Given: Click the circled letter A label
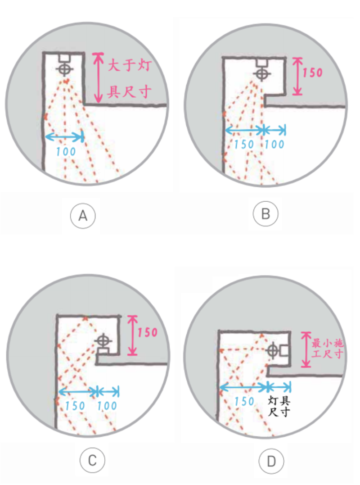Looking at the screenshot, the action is click(x=83, y=216).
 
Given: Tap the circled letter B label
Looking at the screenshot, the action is click(x=265, y=214).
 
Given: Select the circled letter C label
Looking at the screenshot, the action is click(x=92, y=460).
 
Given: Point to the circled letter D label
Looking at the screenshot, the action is click(x=271, y=462).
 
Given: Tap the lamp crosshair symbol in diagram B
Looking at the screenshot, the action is click(x=262, y=73).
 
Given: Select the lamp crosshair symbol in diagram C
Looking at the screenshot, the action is click(x=103, y=341).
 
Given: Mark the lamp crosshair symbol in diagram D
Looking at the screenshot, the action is click(x=273, y=350).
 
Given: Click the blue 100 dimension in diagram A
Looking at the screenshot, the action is click(x=66, y=152).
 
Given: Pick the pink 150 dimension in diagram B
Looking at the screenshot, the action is click(x=312, y=73).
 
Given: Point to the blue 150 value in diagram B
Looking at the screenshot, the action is click(x=244, y=145).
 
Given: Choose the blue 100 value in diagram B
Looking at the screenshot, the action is click(x=274, y=145).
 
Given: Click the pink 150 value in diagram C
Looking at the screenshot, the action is click(x=148, y=332).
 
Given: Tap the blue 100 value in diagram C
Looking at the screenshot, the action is click(x=107, y=406).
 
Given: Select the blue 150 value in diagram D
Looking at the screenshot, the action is click(x=244, y=402).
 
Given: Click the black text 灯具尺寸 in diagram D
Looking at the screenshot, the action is click(x=279, y=407).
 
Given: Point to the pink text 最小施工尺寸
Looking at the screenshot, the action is click(x=327, y=348).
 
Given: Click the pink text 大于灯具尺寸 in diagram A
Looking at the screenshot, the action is click(x=130, y=78).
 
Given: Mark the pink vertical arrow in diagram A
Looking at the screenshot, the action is click(x=98, y=78).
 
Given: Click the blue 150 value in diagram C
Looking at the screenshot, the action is click(x=75, y=406).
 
